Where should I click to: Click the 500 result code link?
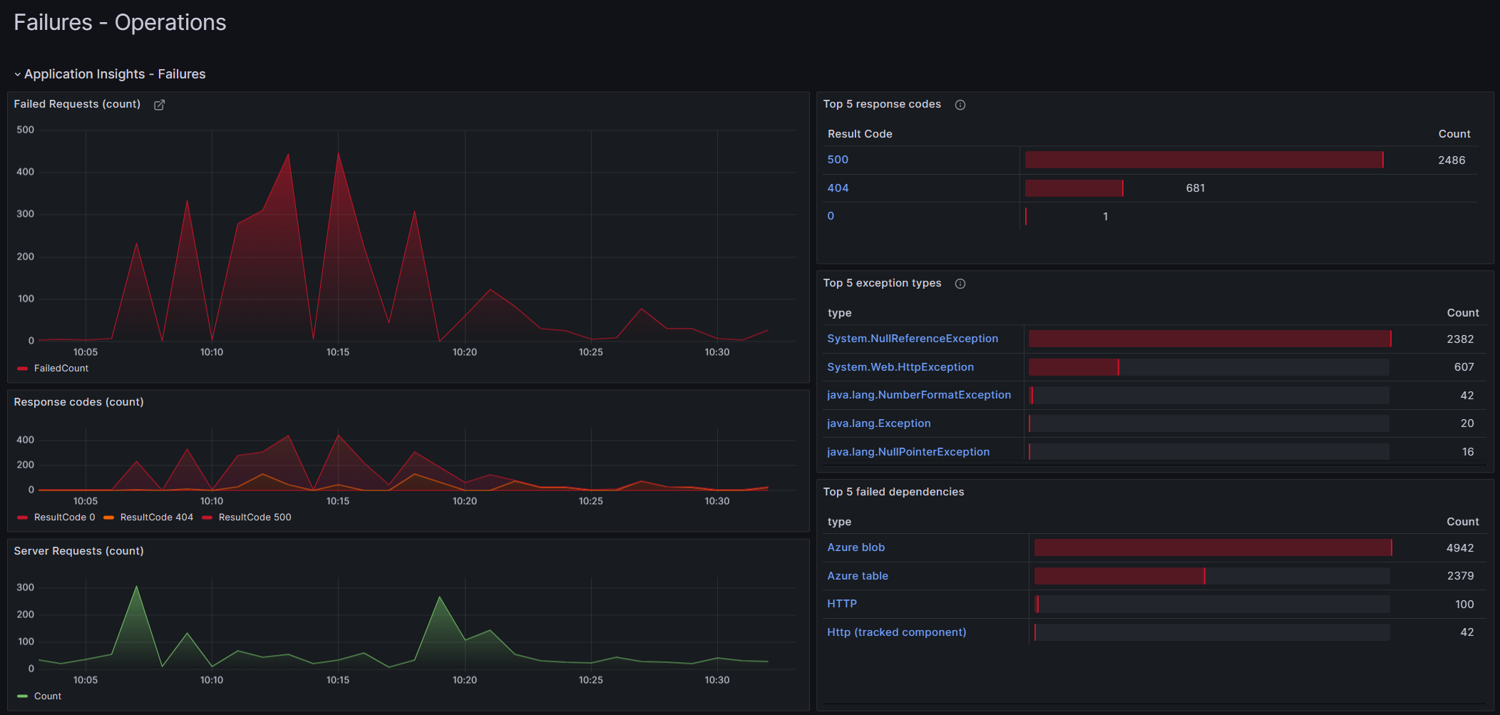click(x=838, y=160)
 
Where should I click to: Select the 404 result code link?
click(x=838, y=188)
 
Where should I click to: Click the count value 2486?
click(x=1451, y=160)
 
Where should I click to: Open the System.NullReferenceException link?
click(x=912, y=339)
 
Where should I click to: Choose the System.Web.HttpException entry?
click(x=900, y=367)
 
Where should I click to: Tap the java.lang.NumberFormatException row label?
click(x=918, y=395)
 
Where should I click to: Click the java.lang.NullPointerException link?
click(x=908, y=452)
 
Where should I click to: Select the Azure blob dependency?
click(x=856, y=547)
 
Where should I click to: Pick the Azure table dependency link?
click(x=857, y=576)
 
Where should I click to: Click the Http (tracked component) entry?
click(x=896, y=632)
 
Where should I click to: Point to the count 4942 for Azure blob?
click(x=1459, y=548)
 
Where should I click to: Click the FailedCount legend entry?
click(x=61, y=369)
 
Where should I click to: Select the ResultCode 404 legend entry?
click(x=156, y=518)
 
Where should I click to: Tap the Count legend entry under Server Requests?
click(x=47, y=696)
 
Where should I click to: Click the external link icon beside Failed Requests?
click(x=160, y=105)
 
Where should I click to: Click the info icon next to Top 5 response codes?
click(x=960, y=105)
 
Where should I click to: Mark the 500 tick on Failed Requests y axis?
click(x=25, y=130)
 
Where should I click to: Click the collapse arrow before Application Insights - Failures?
click(x=17, y=74)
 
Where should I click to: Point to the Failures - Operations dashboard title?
click(x=120, y=23)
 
